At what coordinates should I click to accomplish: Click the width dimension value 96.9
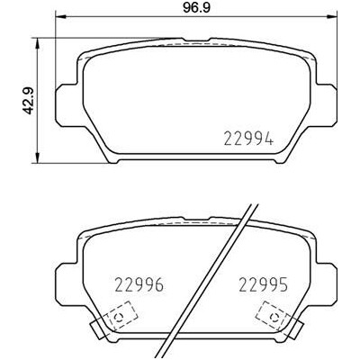[197, 7]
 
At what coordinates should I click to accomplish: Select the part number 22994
[248, 139]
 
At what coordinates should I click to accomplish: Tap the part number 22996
[139, 284]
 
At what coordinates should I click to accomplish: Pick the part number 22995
[263, 284]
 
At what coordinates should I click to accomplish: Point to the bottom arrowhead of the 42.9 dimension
[37, 157]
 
